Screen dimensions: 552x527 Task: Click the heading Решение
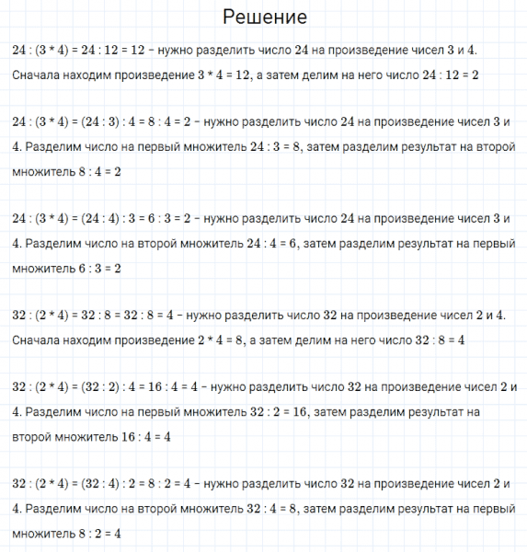264,17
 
